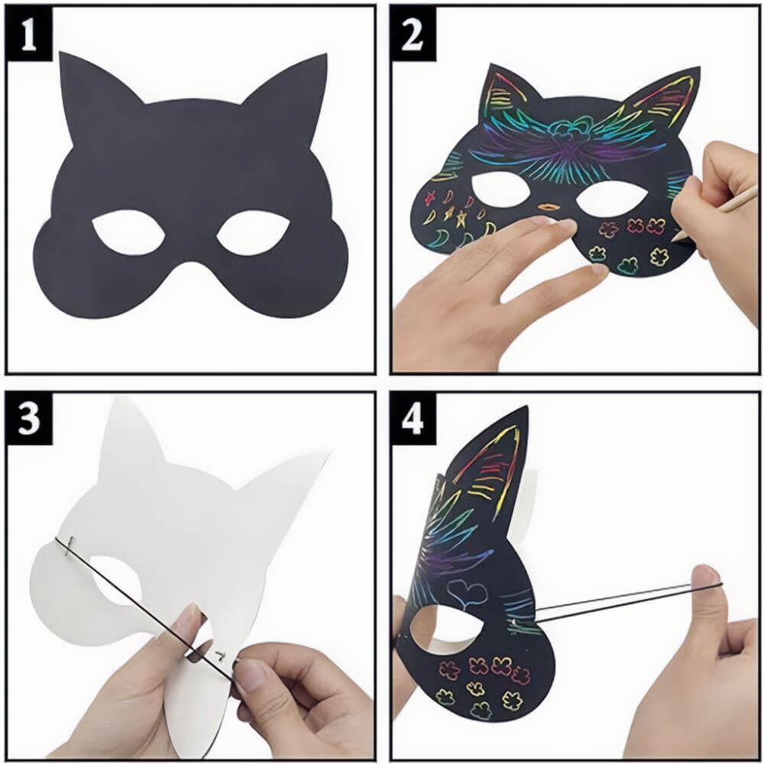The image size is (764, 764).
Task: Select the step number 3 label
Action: pyautogui.click(x=29, y=418)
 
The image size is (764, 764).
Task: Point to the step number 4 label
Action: pyautogui.click(x=413, y=419)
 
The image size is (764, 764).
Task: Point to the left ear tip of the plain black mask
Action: pyautogui.click(x=62, y=53)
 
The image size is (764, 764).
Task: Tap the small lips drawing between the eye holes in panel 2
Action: pyautogui.click(x=549, y=206)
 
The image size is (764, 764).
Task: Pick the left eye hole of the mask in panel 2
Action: pyautogui.click(x=499, y=193)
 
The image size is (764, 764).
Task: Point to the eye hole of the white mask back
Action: pyautogui.click(x=115, y=579)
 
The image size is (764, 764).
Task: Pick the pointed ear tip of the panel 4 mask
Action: pyautogui.click(x=526, y=406)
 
